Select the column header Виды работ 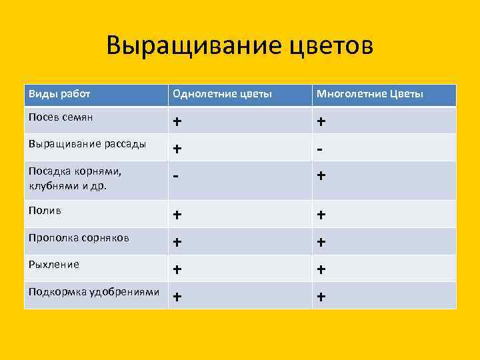click(x=59, y=94)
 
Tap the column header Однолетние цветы click(x=222, y=94)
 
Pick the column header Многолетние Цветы click(x=370, y=94)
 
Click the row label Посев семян click(x=61, y=117)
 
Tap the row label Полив click(x=45, y=210)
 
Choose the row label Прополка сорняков click(x=79, y=237)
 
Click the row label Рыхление click(x=54, y=264)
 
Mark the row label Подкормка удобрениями click(x=94, y=291)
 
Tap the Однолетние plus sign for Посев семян click(x=177, y=122)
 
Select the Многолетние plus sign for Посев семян click(x=321, y=122)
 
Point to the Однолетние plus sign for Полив click(x=177, y=215)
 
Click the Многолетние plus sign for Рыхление click(x=321, y=269)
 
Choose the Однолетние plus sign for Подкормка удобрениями click(x=177, y=297)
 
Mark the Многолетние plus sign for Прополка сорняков click(x=321, y=243)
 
